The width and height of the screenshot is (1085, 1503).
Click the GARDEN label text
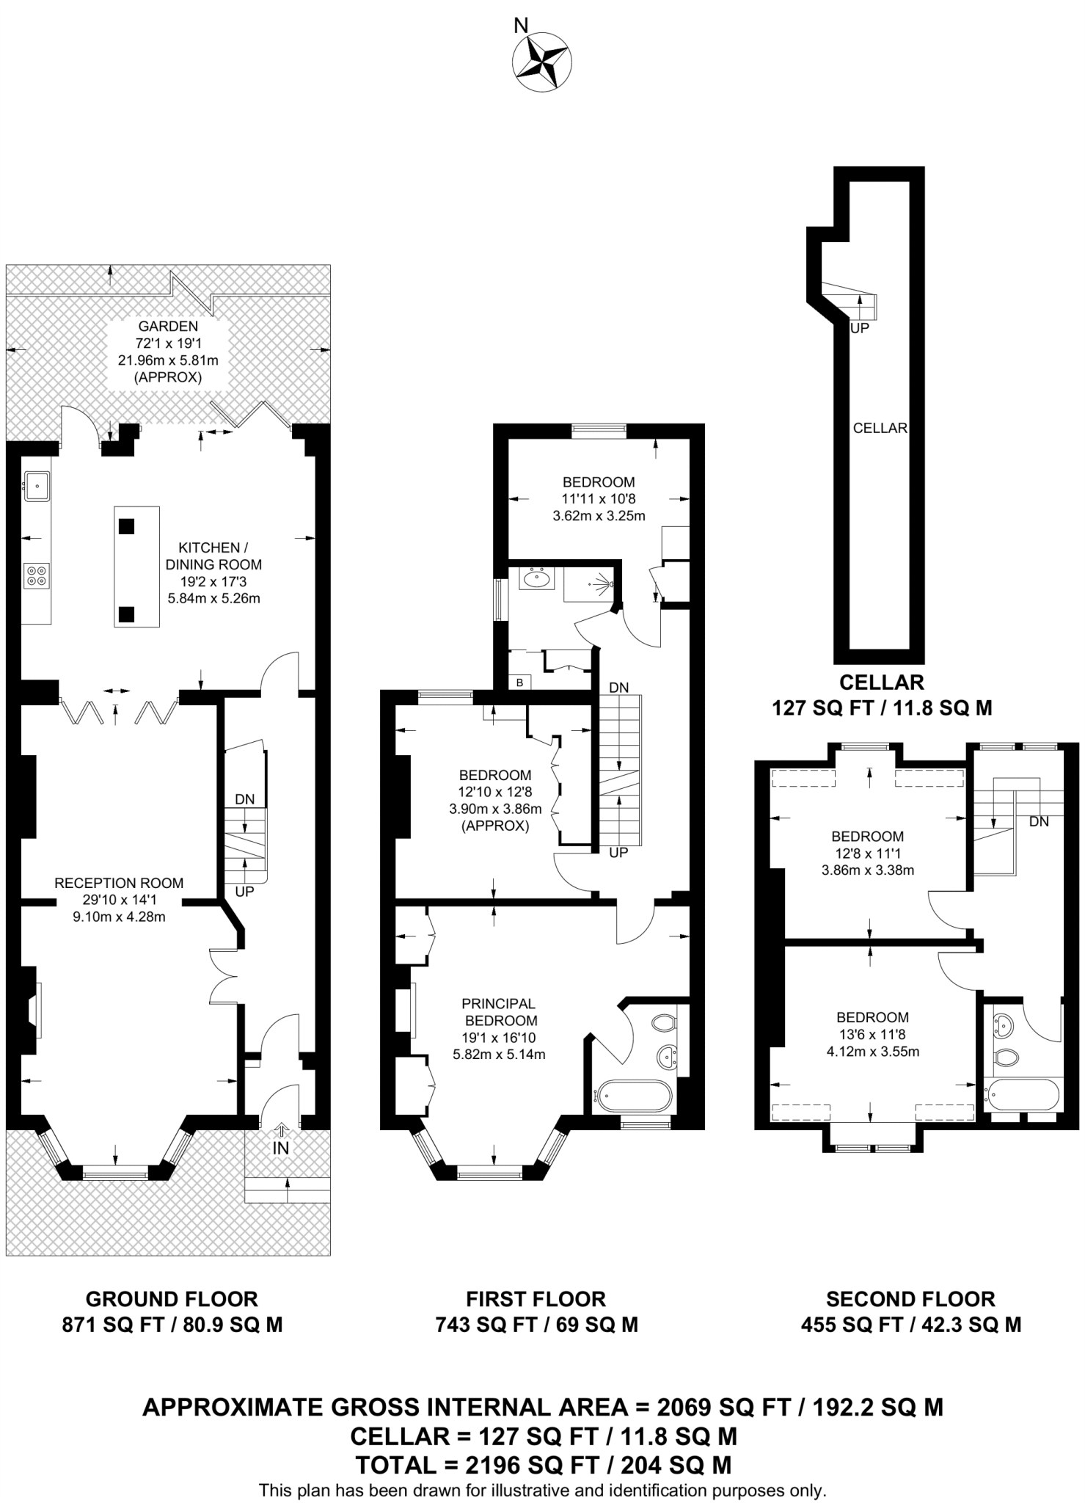tap(168, 327)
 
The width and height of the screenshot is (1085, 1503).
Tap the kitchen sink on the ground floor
tap(36, 484)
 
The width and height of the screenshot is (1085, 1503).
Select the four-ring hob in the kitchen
tap(37, 575)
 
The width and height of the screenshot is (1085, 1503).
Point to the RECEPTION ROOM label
tap(119, 883)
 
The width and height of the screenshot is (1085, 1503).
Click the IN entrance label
tap(281, 1149)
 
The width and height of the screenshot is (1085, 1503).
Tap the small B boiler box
tap(520, 683)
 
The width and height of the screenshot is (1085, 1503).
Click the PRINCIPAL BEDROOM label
tap(500, 1012)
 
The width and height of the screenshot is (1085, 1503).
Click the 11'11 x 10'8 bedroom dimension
tap(599, 499)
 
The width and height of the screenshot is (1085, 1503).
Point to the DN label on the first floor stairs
tap(619, 688)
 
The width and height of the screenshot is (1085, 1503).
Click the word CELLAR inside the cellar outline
tap(880, 428)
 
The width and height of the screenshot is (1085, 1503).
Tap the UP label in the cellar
tap(859, 329)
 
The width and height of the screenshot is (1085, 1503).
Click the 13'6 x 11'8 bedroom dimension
tap(872, 1034)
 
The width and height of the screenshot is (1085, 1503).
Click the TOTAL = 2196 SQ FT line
tap(543, 1465)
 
